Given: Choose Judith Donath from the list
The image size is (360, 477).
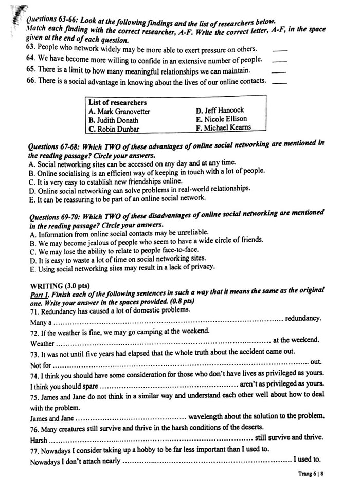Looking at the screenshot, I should pyautogui.click(x=116, y=120).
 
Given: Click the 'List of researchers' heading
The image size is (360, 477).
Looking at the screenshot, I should pyautogui.click(x=117, y=102).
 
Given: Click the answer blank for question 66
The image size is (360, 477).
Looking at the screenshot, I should pyautogui.click(x=279, y=82).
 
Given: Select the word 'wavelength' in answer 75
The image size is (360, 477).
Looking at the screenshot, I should pyautogui.click(x=207, y=417).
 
